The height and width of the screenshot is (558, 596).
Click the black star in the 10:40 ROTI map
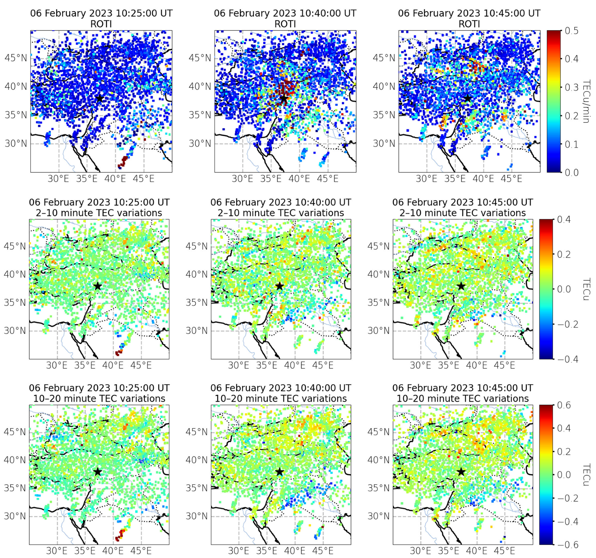pyautogui.click(x=284, y=98)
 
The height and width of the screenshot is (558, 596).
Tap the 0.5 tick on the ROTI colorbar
pyautogui.click(x=571, y=31)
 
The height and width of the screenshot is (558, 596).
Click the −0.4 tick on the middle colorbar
pyautogui.click(x=567, y=359)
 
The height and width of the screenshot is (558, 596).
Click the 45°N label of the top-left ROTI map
pyautogui.click(x=16, y=58)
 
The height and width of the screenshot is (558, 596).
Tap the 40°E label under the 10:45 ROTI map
pyautogui.click(x=483, y=179)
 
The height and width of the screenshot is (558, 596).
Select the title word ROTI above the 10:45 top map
pyautogui.click(x=469, y=24)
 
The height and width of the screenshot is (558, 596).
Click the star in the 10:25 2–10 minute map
pyautogui.click(x=98, y=286)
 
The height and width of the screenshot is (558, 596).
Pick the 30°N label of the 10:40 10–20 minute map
pyautogui.click(x=196, y=516)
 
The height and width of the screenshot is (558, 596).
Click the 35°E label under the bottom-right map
pyautogui.click(x=448, y=550)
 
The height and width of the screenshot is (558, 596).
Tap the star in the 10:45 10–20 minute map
pyautogui.click(x=461, y=472)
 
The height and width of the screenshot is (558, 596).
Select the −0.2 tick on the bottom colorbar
pyautogui.click(x=567, y=498)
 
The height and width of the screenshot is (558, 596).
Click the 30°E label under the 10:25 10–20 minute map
pyautogui.click(x=57, y=550)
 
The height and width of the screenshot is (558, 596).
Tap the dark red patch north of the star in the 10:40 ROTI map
pyautogui.click(x=286, y=87)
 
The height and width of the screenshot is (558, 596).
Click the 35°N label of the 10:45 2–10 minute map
pyautogui.click(x=378, y=303)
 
